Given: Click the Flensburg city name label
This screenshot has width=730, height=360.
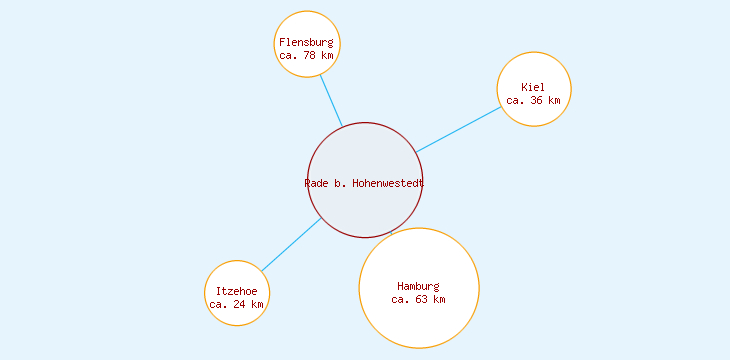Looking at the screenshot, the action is tap(306, 42).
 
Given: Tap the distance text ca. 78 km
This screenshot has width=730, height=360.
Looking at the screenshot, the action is tap(306, 55).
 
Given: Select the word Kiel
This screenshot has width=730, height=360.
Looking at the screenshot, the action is tap(533, 87).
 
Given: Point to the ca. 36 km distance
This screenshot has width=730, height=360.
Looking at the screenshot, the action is tap(533, 100).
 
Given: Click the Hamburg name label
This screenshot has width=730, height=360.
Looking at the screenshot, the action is tap(418, 286).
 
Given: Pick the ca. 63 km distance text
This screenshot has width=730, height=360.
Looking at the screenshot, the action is tap(418, 299).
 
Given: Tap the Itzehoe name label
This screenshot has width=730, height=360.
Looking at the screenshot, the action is tap(236, 291).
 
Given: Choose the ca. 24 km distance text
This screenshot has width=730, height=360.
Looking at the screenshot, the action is tap(236, 304).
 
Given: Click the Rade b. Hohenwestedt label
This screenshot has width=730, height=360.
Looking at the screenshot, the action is tap(364, 183).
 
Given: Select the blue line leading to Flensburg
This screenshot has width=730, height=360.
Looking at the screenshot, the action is tap(331, 101).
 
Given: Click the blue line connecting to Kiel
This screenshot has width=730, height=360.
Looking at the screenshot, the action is tap(458, 130).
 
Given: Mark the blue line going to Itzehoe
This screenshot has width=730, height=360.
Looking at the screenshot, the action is tap(291, 244).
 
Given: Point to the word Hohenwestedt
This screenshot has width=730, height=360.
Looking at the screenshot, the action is tap(388, 183).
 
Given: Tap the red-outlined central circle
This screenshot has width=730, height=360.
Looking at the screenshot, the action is tap(364, 150).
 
